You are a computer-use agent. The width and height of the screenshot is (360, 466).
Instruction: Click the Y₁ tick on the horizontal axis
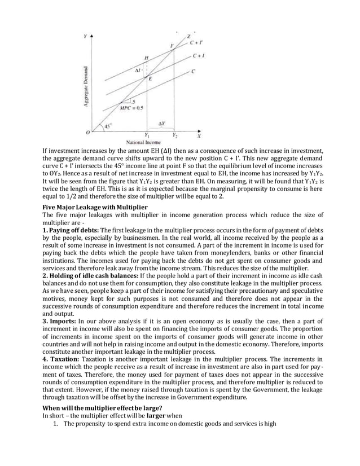point(147,136)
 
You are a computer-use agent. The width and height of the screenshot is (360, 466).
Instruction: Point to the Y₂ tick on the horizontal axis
point(174,136)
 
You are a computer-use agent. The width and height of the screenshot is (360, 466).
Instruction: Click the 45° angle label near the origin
point(108,126)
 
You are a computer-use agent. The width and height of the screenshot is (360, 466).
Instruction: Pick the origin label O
point(87,133)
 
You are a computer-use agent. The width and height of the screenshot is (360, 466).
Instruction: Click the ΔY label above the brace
point(161,122)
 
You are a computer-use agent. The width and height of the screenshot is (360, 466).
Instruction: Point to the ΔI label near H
point(138,72)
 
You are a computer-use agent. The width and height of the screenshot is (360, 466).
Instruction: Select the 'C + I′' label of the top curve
point(197,42)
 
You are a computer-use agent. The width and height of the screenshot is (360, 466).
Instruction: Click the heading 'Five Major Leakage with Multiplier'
point(95,208)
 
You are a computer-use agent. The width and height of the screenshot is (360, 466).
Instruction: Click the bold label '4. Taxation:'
point(63,358)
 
